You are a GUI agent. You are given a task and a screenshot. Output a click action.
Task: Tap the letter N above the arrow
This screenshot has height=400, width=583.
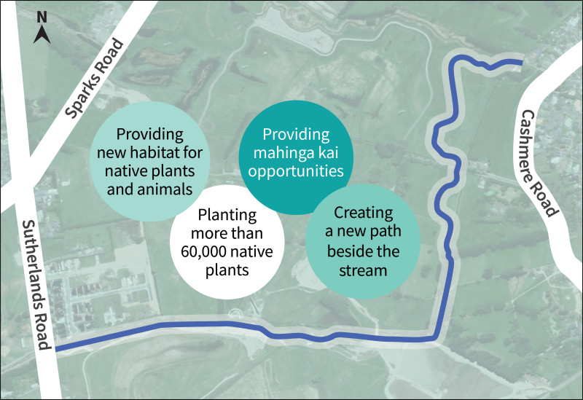(42, 17)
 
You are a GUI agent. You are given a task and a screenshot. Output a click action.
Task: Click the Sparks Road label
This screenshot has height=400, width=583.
(94, 79)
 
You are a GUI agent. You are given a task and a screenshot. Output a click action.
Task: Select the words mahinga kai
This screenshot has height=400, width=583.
(296, 152)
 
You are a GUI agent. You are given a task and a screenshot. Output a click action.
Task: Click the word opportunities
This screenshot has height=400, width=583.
(296, 172)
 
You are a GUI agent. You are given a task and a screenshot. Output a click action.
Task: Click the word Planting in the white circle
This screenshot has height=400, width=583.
(227, 216)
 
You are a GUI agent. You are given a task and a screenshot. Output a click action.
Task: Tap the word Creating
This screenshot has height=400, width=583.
(363, 213)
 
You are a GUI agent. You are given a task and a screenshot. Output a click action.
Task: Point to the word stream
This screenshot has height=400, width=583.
(363, 270)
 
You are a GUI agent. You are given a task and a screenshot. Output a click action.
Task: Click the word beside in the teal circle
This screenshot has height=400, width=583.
(348, 251)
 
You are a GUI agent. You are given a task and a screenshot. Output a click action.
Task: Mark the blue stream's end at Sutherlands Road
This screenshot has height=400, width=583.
(56, 349)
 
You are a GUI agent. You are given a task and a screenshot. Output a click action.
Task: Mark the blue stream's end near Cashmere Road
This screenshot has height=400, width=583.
(522, 63)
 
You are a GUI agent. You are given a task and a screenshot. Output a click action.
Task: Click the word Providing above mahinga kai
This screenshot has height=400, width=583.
(296, 135)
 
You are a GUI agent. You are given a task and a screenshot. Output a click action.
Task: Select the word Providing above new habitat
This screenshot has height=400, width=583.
(150, 135)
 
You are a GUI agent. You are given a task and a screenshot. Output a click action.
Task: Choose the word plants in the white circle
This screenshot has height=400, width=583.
(227, 270)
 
